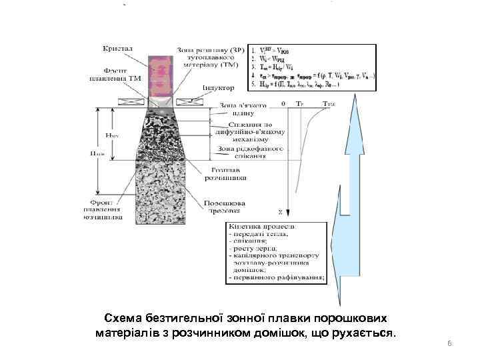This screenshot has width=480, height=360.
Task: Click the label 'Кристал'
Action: (117, 49)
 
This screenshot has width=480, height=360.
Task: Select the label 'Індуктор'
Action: (218, 87)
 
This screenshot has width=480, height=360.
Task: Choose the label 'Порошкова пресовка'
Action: (225, 206)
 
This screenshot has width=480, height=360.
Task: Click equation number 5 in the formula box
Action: (252, 84)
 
